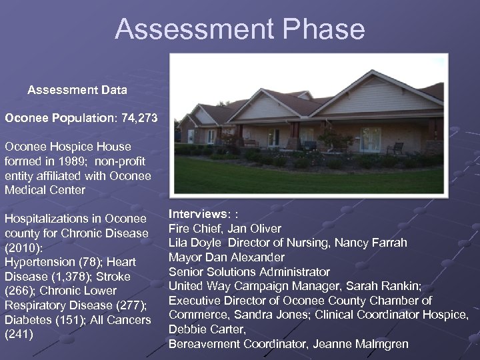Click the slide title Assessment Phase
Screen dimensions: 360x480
pos(239,29)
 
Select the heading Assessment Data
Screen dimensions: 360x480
pos(77,89)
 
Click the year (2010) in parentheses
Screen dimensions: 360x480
pos(23,247)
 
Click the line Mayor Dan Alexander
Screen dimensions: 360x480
pos(226,257)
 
